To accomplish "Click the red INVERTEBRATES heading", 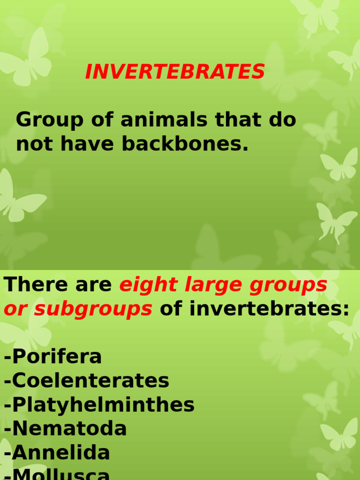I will coord(175,72).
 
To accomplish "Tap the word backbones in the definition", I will coord(185,144).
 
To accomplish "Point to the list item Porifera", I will coord(53,357).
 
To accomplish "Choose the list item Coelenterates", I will coord(87,381).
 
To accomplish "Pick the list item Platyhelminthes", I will coord(99,405).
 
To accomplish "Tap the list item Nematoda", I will coord(66,428).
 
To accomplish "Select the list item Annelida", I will coord(57,453).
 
